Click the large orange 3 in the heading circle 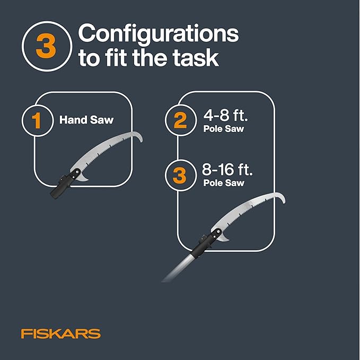(x=46, y=46)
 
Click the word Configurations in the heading (x=159, y=34)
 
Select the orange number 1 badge (x=37, y=120)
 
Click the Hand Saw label (x=86, y=120)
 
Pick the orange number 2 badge (x=180, y=120)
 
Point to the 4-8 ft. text (x=226, y=115)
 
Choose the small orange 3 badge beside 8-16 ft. (x=179, y=175)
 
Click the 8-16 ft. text (x=227, y=170)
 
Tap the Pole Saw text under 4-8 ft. (x=223, y=129)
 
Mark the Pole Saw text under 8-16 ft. (x=224, y=183)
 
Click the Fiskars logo (x=61, y=333)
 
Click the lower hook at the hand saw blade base (x=83, y=178)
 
